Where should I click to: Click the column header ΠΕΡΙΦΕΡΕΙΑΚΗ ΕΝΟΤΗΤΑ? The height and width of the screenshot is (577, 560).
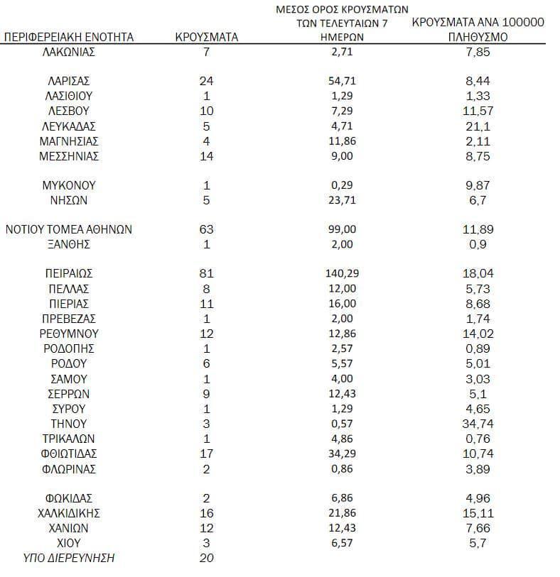[69, 37]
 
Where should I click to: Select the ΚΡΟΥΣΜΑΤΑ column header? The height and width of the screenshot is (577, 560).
[207, 37]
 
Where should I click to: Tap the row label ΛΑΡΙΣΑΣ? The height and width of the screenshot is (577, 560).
[69, 81]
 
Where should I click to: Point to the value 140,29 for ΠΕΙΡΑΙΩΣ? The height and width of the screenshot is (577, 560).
[343, 273]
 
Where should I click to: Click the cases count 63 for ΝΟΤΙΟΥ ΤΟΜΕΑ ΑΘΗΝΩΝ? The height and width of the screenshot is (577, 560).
[207, 229]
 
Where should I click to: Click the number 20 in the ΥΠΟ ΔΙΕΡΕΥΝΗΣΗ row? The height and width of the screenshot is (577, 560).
[207, 558]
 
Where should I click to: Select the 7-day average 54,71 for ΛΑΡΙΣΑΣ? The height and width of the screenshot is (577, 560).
[343, 81]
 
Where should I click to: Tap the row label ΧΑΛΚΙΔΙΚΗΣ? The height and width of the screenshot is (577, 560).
[69, 513]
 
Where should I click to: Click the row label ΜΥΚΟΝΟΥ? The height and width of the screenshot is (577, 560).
[69, 185]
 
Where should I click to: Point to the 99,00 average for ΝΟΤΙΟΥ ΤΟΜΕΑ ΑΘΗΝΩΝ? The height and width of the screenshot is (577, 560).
[343, 229]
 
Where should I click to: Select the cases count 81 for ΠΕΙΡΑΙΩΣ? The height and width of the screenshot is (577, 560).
[207, 273]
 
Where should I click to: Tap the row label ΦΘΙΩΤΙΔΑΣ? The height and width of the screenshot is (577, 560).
[69, 454]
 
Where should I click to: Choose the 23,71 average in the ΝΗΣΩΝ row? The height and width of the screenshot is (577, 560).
[343, 200]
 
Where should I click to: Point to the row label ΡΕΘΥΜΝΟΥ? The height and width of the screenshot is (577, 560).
[69, 334]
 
